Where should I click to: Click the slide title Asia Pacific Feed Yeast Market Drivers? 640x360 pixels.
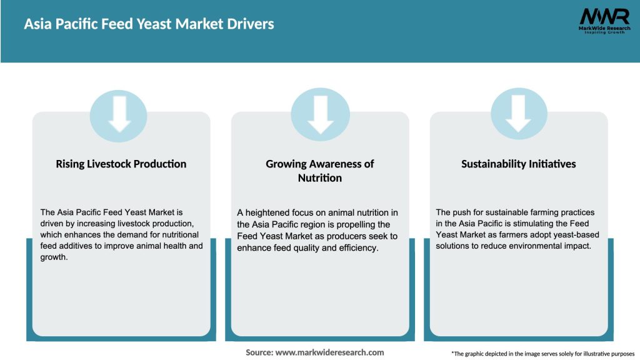coord(149,24)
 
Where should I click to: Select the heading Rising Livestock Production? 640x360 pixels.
coord(121,164)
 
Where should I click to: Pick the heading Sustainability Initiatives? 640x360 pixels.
coord(519,164)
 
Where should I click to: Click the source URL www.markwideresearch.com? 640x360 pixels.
coord(329,352)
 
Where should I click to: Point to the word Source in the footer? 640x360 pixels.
coord(259,352)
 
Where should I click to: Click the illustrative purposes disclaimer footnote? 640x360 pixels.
coord(542,354)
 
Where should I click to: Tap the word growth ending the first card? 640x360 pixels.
coord(53,257)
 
